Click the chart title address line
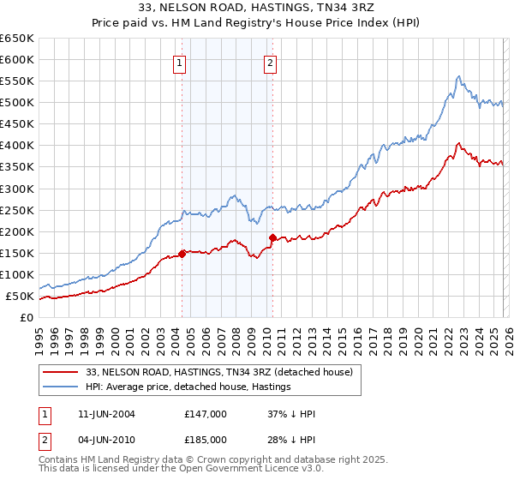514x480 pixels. click(257, 9)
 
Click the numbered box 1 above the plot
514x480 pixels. click(180, 62)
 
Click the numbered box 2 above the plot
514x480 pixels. click(270, 62)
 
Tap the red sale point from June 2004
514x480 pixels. click(182, 254)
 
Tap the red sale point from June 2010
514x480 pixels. click(272, 237)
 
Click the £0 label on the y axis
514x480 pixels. click(27, 317)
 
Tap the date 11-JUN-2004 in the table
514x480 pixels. click(102, 414)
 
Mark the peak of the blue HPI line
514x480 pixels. click(458, 76)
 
